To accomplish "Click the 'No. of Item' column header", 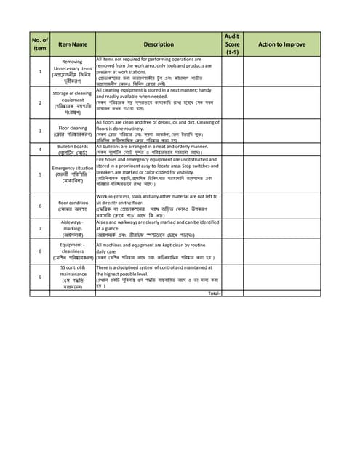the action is pyautogui.click(x=40, y=44).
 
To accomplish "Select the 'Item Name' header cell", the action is pyautogui.click(x=72, y=44).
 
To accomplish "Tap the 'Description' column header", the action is pyautogui.click(x=159, y=44).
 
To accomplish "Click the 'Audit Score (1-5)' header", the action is pyautogui.click(x=232, y=44).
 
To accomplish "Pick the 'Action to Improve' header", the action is pyautogui.click(x=281, y=44).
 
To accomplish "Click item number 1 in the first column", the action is pyautogui.click(x=40, y=72).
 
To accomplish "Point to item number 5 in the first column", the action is pyautogui.click(x=40, y=174).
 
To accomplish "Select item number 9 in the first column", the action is pyautogui.click(x=40, y=277).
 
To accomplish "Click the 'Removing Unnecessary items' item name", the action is pyautogui.click(x=72, y=72).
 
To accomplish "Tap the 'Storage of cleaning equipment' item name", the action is pyautogui.click(x=72, y=103).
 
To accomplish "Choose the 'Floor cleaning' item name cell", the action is pyautogui.click(x=72, y=132).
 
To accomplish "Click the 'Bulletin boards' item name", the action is pyautogui.click(x=72, y=150).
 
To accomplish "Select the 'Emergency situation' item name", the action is pyautogui.click(x=72, y=174).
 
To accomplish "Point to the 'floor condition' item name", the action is pyautogui.click(x=72, y=206).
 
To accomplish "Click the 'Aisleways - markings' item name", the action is pyautogui.click(x=72, y=229).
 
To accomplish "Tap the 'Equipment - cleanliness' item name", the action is pyautogui.click(x=72, y=252).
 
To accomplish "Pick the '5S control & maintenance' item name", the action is pyautogui.click(x=72, y=277).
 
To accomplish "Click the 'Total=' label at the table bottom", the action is pyautogui.click(x=214, y=293).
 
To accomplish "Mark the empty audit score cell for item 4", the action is pyautogui.click(x=232, y=150).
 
